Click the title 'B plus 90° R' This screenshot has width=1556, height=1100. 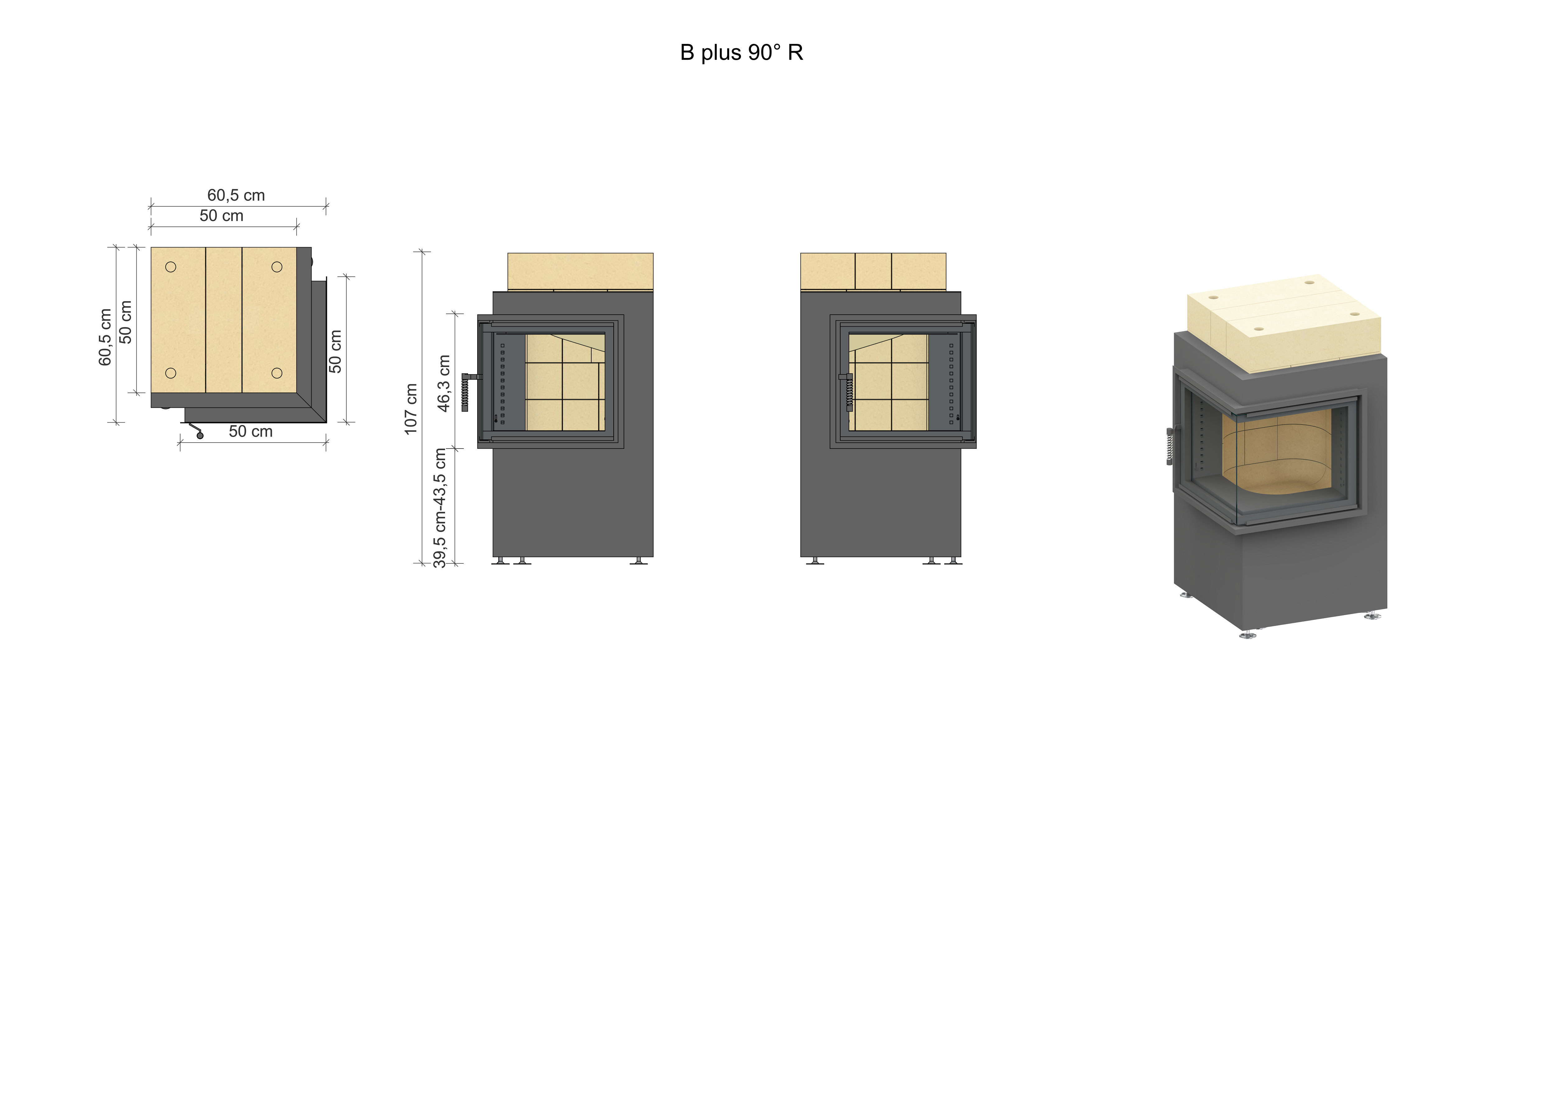741,53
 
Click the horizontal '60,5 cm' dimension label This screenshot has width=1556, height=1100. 236,195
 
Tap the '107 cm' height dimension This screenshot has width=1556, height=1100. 411,409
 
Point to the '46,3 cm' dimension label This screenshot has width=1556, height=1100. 444,383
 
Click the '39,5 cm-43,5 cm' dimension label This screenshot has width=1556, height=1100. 440,508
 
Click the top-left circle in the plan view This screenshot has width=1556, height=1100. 171,267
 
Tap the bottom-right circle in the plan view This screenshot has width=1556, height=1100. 277,373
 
